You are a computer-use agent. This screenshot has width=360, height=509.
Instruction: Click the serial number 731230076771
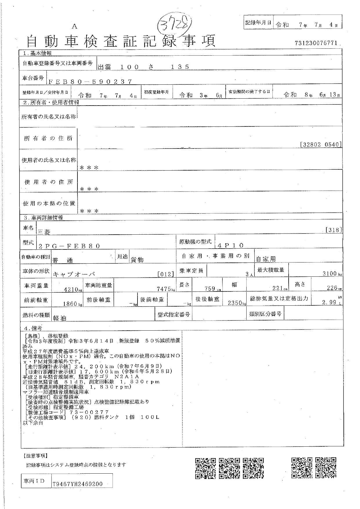316,43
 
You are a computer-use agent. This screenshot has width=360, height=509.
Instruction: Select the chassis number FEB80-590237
90,82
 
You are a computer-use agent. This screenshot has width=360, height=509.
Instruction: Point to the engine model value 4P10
231,245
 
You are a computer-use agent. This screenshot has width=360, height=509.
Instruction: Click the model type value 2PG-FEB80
69,246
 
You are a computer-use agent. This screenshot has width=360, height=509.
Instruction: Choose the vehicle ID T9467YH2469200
77,484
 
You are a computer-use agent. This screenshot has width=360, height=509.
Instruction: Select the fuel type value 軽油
59,318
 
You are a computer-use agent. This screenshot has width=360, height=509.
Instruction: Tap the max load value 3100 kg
330,273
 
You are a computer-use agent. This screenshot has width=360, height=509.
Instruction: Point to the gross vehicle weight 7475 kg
165,289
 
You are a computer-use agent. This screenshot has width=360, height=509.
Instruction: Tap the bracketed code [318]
334,230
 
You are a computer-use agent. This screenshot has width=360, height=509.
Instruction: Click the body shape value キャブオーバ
74,274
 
